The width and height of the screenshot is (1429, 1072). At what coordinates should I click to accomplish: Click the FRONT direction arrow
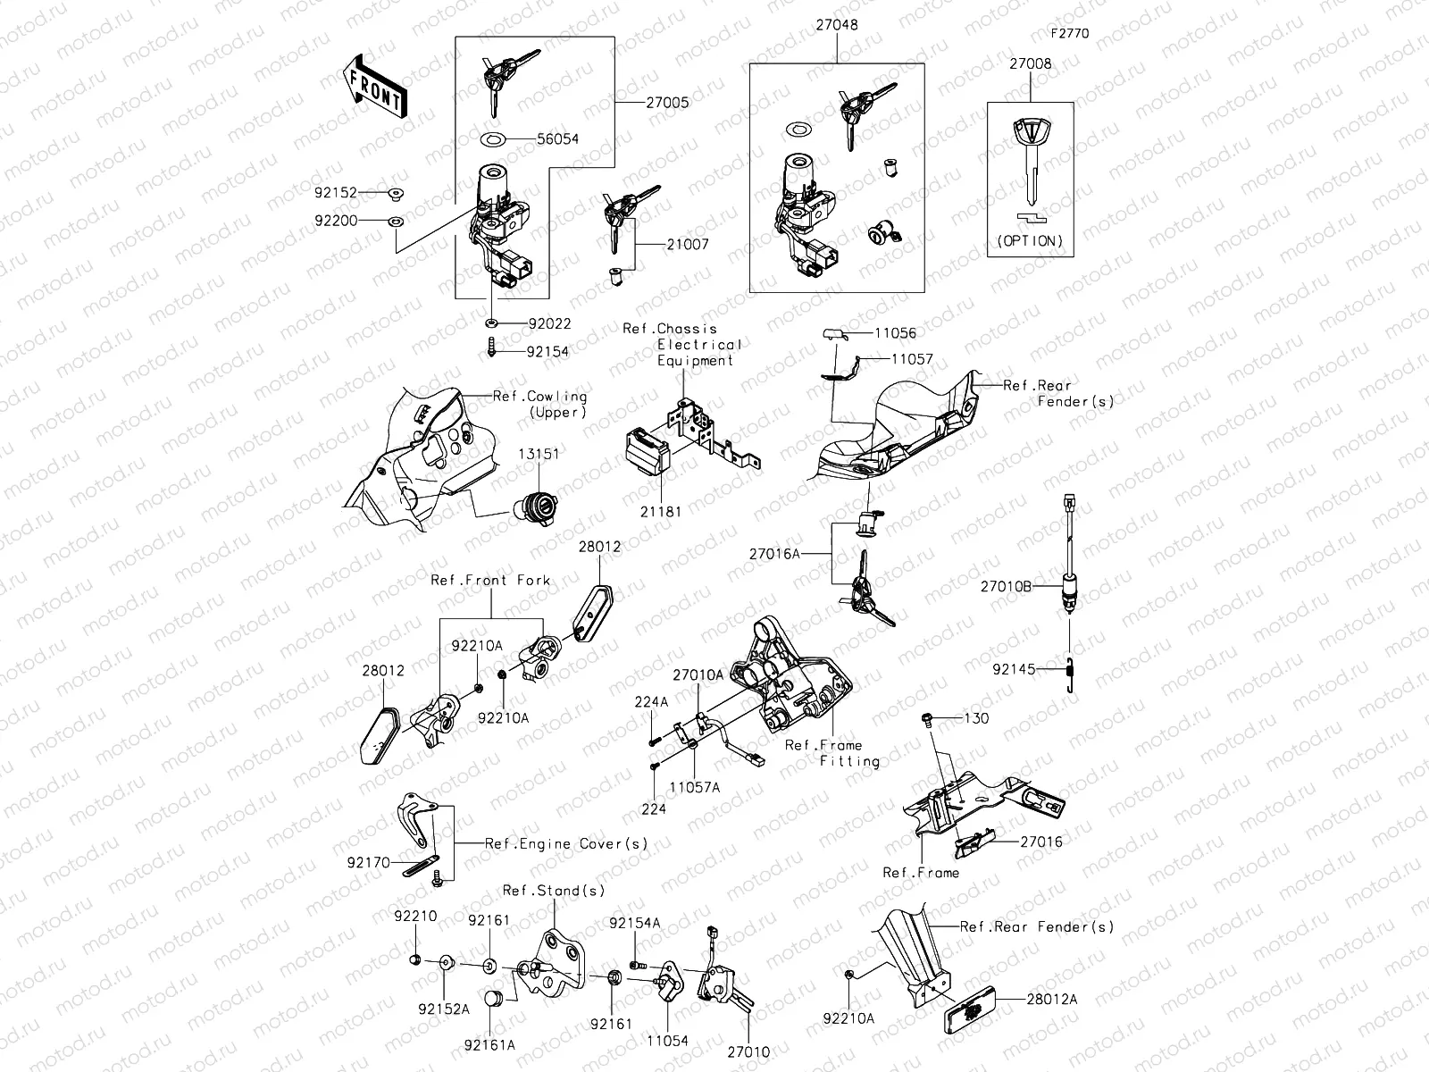[x=373, y=86]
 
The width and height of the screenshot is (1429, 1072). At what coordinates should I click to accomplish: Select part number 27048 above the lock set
[x=836, y=25]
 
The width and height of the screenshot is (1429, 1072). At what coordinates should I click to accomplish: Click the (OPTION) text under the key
[x=1030, y=241]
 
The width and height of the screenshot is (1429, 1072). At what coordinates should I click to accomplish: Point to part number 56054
[x=557, y=139]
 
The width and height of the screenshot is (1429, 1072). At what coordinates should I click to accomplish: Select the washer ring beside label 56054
[x=493, y=139]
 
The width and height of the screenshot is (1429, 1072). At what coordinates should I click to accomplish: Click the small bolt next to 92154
[x=491, y=348]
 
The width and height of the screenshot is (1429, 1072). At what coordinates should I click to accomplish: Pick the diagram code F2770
[x=1069, y=34]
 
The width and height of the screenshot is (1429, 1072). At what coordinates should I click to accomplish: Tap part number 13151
[x=539, y=454]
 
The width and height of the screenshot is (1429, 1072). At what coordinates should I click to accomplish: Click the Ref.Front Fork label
[x=490, y=580]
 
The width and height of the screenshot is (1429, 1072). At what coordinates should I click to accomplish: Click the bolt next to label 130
[x=928, y=718]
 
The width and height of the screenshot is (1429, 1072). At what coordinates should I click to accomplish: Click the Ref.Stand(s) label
[x=553, y=891]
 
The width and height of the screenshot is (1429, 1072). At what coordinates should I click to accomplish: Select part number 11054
[x=668, y=1041]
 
